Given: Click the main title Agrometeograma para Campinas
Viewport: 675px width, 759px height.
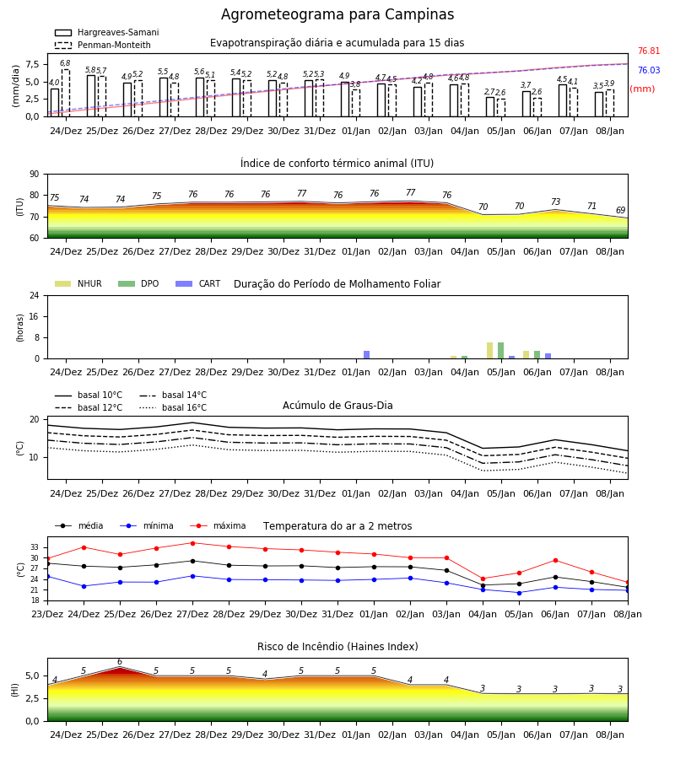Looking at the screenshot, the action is pyautogui.click(x=337, y=14).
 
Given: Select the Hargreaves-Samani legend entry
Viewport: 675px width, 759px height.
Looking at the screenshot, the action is pyautogui.click(x=107, y=32).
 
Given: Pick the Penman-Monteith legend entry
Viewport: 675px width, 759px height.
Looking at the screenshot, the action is pyautogui.click(x=103, y=45).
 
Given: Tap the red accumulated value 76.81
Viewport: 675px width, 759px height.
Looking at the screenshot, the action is pyautogui.click(x=649, y=51).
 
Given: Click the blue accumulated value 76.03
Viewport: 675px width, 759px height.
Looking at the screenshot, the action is pyautogui.click(x=649, y=70).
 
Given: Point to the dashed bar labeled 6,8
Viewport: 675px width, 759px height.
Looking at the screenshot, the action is pyautogui.click(x=65, y=93).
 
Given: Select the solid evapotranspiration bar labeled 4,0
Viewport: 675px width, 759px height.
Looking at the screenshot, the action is pyautogui.click(x=55, y=103).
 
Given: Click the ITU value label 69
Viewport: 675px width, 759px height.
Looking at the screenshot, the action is pyautogui.click(x=621, y=210).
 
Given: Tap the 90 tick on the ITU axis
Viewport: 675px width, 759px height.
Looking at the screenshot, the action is pyautogui.click(x=35, y=175).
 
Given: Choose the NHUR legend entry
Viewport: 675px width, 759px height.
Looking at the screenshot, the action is pyautogui.click(x=78, y=283).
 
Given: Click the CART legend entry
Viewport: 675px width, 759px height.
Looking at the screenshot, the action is pyautogui.click(x=198, y=283).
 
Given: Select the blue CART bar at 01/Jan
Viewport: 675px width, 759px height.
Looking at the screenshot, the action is pyautogui.click(x=366, y=355).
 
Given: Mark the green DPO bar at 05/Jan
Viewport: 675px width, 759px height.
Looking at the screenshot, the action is pyautogui.click(x=500, y=351).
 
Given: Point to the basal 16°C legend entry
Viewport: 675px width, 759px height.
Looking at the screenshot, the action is pyautogui.click(x=173, y=407).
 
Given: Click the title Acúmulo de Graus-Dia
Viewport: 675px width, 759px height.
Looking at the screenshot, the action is pyautogui.click(x=337, y=405).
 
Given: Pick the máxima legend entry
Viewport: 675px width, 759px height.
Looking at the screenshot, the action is pyautogui.click(x=219, y=525).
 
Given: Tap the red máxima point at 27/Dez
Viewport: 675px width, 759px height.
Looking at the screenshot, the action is pyautogui.click(x=192, y=543).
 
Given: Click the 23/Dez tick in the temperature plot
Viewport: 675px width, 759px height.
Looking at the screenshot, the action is pyautogui.click(x=47, y=614).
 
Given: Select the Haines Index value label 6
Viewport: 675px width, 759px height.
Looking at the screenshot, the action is pyautogui.click(x=120, y=662).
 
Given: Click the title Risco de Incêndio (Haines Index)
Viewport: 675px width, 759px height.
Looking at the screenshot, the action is pyautogui.click(x=337, y=647).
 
